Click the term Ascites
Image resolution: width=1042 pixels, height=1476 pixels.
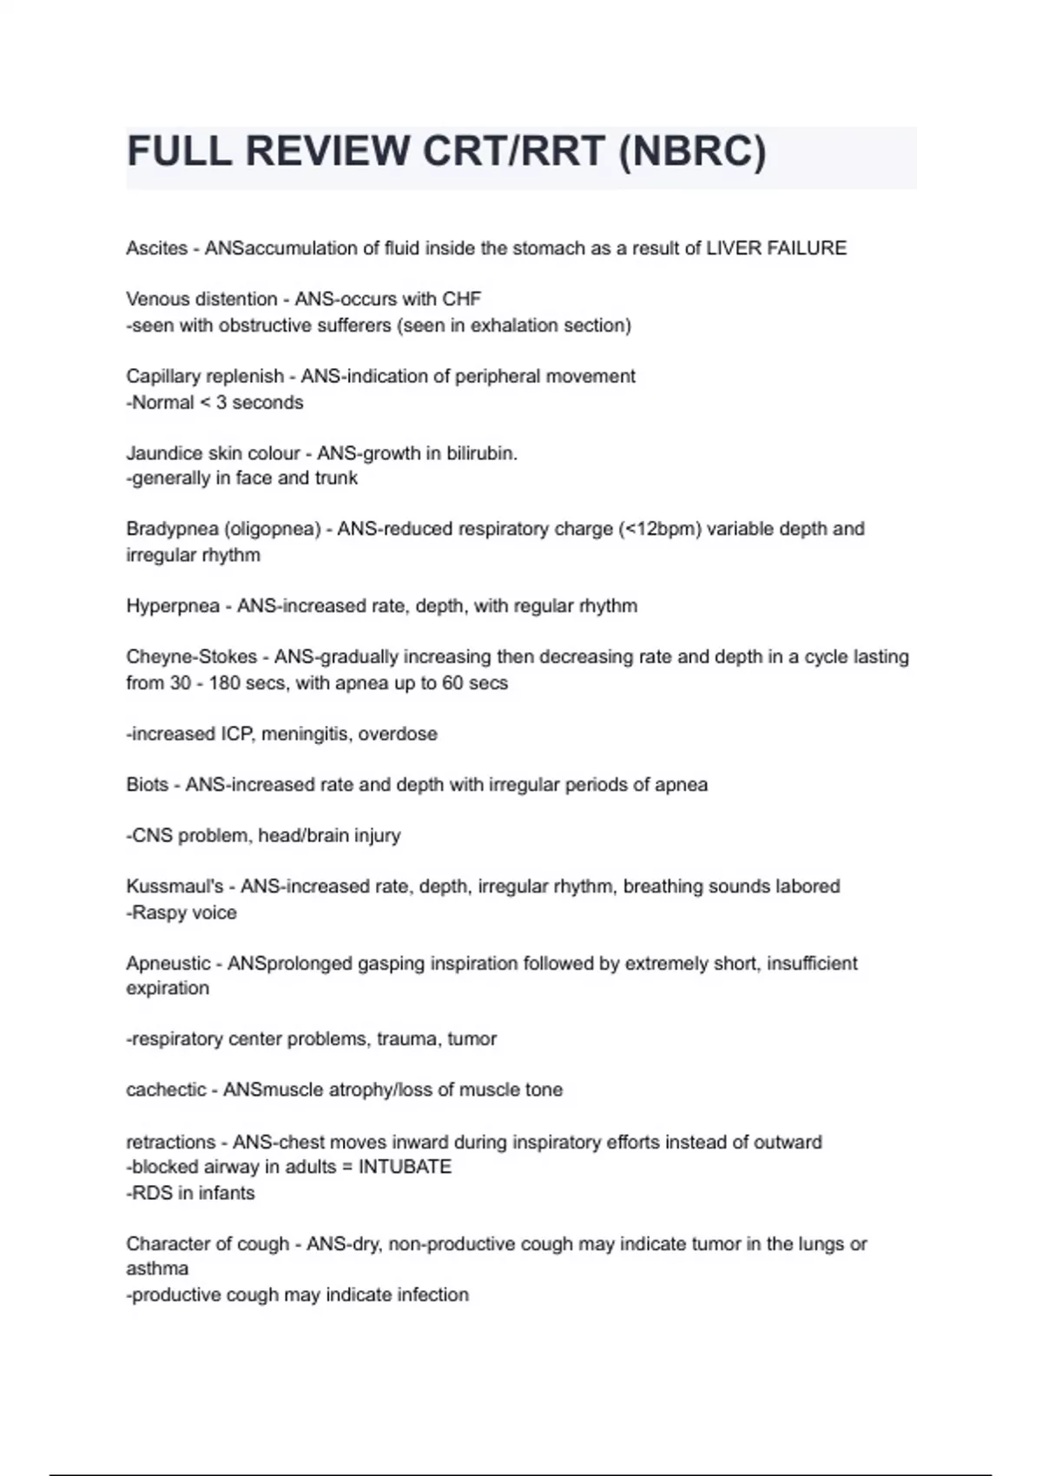click(156, 248)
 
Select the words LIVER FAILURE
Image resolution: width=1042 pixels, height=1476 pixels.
click(775, 248)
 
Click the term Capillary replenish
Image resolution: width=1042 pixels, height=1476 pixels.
click(205, 377)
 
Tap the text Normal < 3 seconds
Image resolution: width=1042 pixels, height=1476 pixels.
click(217, 403)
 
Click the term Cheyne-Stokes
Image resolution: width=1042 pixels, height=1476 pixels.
click(192, 657)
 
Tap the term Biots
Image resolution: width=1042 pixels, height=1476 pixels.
click(147, 785)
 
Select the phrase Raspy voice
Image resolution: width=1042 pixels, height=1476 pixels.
click(184, 913)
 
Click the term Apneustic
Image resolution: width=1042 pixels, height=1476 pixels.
click(168, 964)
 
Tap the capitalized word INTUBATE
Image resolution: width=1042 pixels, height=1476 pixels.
click(405, 1167)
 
